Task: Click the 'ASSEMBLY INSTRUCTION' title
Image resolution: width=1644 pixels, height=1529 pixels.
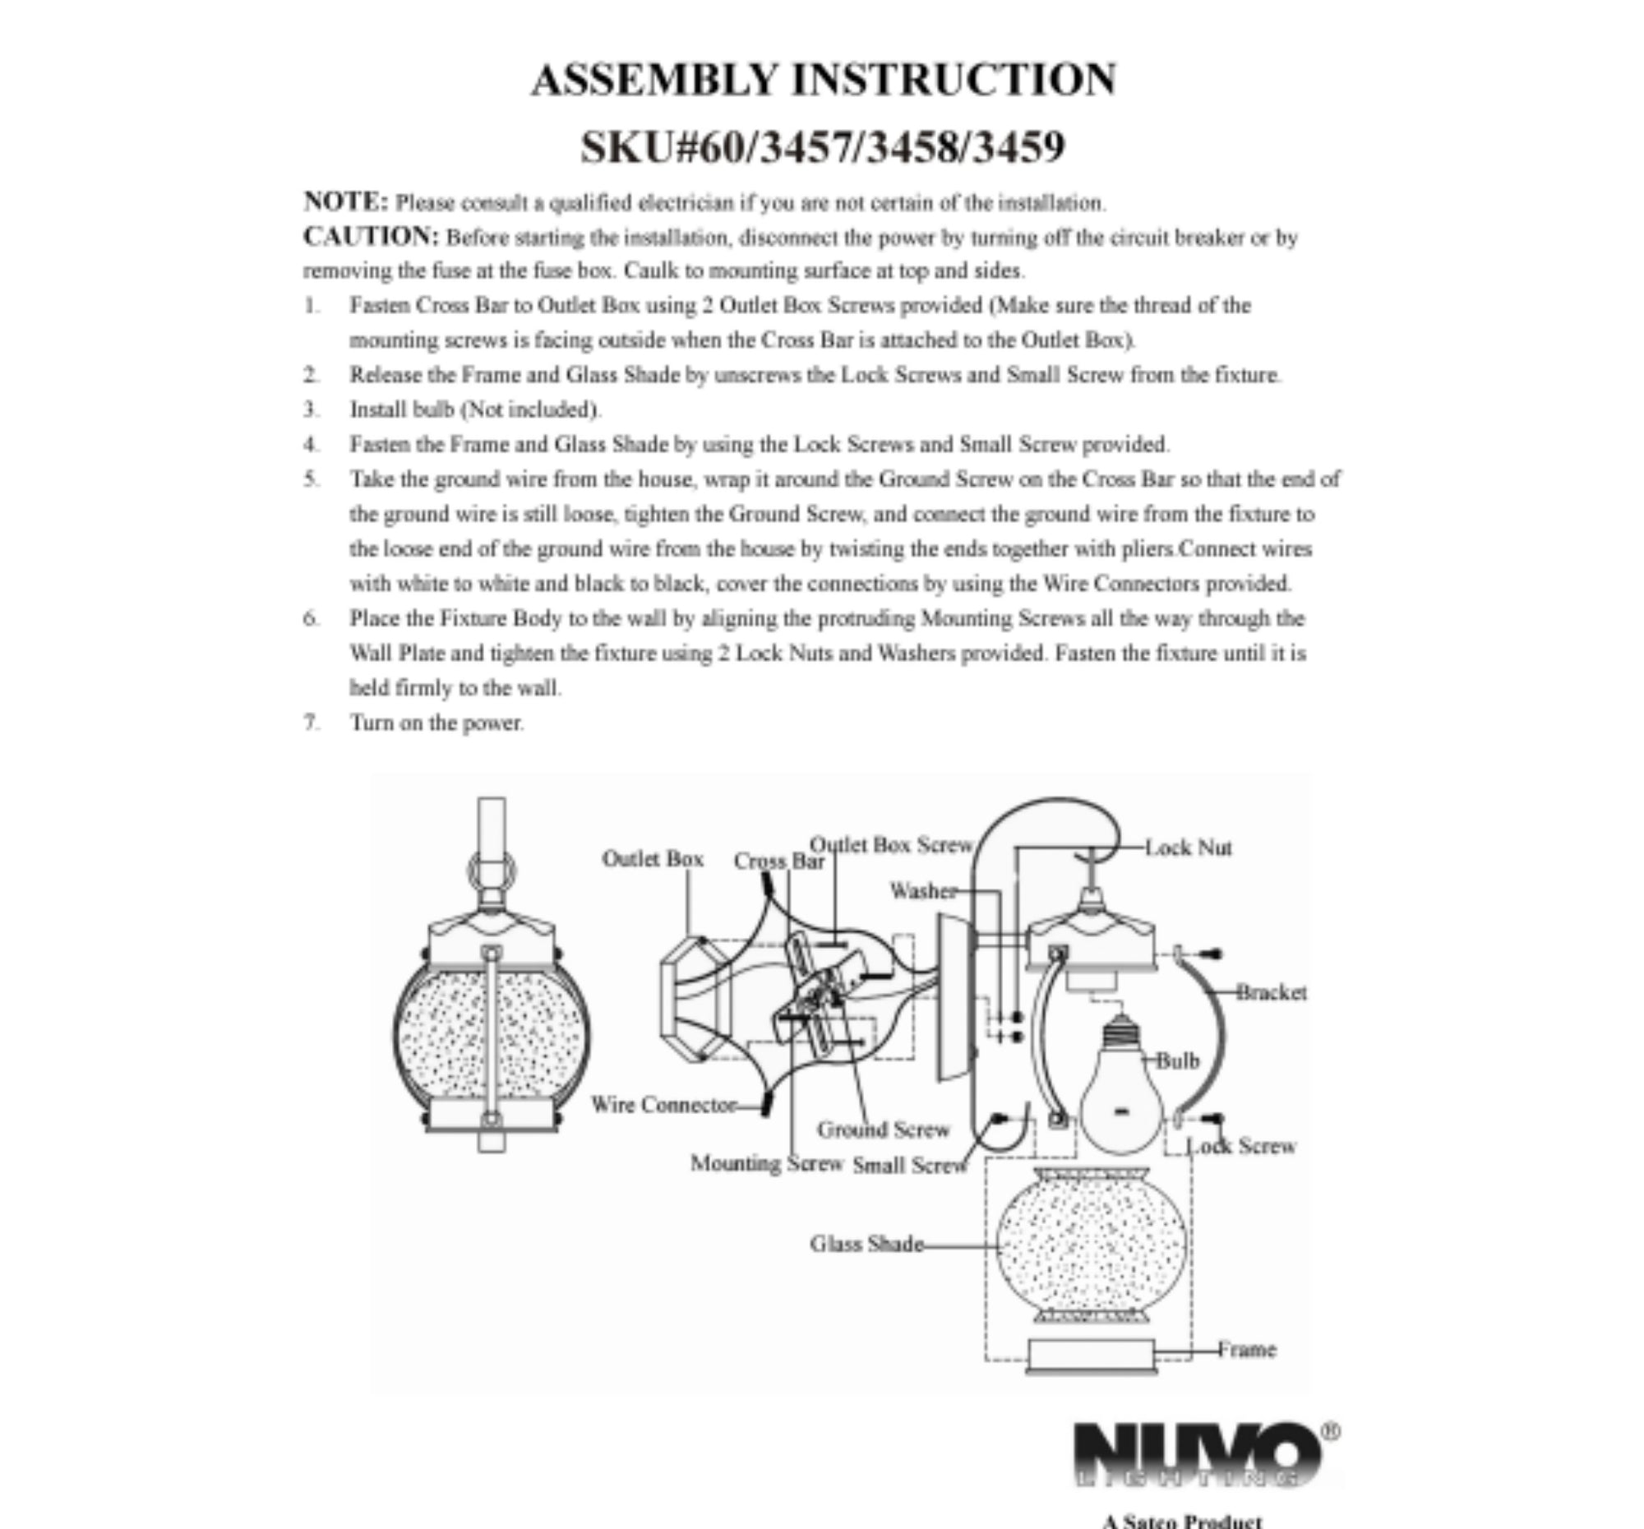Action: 823,81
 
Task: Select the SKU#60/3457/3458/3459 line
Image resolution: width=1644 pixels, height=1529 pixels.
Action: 823,147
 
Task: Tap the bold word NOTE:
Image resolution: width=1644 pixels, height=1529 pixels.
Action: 346,201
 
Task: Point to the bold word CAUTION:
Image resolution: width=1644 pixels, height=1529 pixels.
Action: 372,237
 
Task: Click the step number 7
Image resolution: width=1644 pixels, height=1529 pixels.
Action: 311,722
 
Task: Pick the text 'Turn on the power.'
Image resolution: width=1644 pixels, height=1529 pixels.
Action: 436,723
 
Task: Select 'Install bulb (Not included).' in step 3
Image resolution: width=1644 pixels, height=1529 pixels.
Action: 475,409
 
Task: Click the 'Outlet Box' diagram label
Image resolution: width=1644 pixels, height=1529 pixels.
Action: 653,858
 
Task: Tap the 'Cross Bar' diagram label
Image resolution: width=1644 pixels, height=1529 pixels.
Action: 779,861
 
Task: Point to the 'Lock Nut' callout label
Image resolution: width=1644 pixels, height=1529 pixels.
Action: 1189,848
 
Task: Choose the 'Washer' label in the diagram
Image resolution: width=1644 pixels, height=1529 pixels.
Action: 923,890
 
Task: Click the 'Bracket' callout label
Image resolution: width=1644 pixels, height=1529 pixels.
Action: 1272,992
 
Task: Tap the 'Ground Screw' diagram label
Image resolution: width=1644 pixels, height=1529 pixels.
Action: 883,1129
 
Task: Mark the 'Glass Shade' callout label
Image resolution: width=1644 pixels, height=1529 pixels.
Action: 866,1245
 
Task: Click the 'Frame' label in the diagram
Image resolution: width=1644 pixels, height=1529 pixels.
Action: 1246,1351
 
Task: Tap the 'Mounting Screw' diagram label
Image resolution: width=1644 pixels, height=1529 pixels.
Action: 767,1163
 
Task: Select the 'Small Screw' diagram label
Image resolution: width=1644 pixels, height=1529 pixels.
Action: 910,1165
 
